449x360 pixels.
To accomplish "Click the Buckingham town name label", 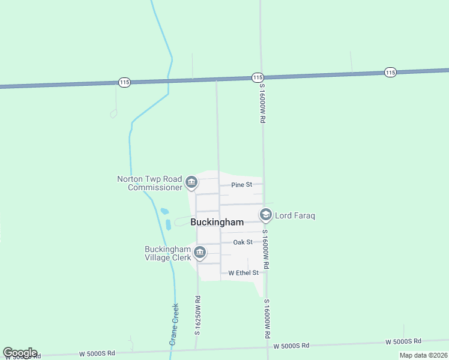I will (x=217, y=222).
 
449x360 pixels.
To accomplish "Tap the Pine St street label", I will (x=242, y=185).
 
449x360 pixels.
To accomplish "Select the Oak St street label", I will (x=243, y=242).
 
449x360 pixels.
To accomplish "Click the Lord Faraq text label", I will (x=295, y=215).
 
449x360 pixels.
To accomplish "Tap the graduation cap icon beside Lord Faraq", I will (x=265, y=214).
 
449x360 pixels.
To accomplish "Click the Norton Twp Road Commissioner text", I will (x=149, y=183).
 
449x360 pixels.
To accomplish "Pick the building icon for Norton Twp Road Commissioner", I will (x=191, y=182).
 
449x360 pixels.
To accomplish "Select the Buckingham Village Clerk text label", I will (x=167, y=253).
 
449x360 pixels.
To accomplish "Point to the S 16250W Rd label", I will (x=197, y=315).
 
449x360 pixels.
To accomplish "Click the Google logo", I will (x=20, y=353).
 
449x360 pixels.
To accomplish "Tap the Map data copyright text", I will (x=423, y=355).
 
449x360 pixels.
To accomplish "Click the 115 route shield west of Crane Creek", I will (x=124, y=82).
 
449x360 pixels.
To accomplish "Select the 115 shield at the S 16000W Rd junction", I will (x=258, y=77).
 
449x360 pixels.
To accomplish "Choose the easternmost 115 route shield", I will (x=391, y=72).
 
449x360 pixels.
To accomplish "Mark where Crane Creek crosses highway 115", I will (x=170, y=80).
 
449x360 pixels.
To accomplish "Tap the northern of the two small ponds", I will (x=164, y=211).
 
